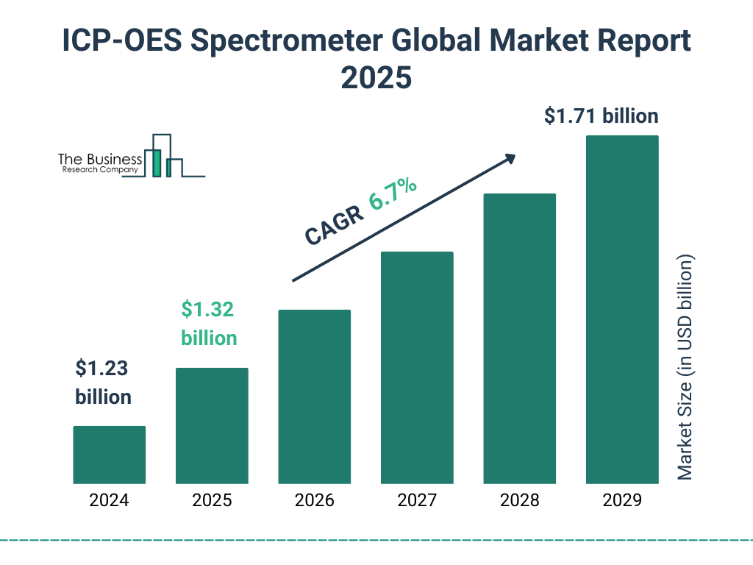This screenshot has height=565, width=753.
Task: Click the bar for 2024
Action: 109,455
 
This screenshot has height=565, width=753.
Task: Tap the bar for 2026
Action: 314,397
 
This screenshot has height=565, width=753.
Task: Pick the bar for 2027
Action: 417,367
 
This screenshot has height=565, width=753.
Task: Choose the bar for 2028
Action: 519,338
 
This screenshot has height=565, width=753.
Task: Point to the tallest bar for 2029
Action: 621,310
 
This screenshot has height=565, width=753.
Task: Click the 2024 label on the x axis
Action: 109,501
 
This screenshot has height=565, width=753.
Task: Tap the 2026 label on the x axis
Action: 314,501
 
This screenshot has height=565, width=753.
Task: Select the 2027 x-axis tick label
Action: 417,501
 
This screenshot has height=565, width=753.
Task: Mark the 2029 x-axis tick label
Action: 621,501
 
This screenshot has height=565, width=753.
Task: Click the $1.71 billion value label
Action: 601,116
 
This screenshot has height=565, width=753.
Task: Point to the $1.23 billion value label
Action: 103,383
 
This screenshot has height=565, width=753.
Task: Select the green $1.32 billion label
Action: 209,324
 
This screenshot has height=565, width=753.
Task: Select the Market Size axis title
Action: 685,368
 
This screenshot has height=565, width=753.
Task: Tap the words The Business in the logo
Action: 100,160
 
